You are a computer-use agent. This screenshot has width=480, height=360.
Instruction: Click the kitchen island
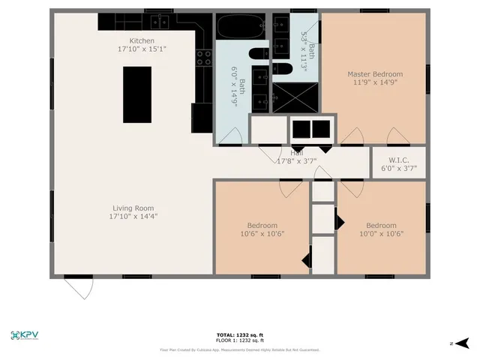pyautogui.click(x=137, y=94)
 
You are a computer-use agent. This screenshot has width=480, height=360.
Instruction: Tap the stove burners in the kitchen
pyautogui.click(x=203, y=57)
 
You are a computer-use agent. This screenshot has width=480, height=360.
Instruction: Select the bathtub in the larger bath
pyautogui.click(x=241, y=28)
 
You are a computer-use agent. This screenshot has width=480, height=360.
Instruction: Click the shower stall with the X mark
pyautogui.click(x=295, y=97)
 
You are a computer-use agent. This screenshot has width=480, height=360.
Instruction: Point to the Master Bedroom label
pyautogui.click(x=374, y=74)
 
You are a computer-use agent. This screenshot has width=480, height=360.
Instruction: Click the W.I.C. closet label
pyautogui.click(x=398, y=160)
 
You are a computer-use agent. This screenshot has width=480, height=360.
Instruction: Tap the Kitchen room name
pyautogui.click(x=142, y=40)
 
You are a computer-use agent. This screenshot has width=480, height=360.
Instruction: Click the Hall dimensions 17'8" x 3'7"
pyautogui.click(x=297, y=161)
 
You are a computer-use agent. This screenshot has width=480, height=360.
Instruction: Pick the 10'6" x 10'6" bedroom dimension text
pyautogui.click(x=262, y=233)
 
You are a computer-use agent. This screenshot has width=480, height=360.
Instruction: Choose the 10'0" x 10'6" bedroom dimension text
pyautogui.click(x=381, y=233)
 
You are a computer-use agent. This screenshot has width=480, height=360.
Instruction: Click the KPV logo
pyautogui.click(x=25, y=335)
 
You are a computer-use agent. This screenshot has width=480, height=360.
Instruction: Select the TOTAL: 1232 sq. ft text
pyautogui.click(x=239, y=334)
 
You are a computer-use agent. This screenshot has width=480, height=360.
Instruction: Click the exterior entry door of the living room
pyautogui.click(x=78, y=286)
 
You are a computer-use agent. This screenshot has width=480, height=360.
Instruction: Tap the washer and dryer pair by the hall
pyautogui.click(x=311, y=129)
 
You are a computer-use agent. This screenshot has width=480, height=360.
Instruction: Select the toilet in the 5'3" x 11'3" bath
pyautogui.click(x=281, y=69)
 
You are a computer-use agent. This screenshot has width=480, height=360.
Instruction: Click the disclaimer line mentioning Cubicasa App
pyautogui.click(x=239, y=349)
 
